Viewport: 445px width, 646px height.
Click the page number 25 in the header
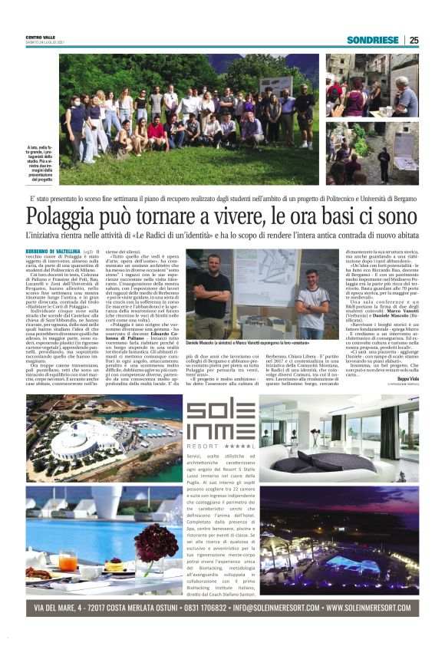tap(414, 40)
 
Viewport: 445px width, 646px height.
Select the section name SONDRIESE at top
tap(374, 40)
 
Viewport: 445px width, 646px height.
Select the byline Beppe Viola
tap(407, 378)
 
